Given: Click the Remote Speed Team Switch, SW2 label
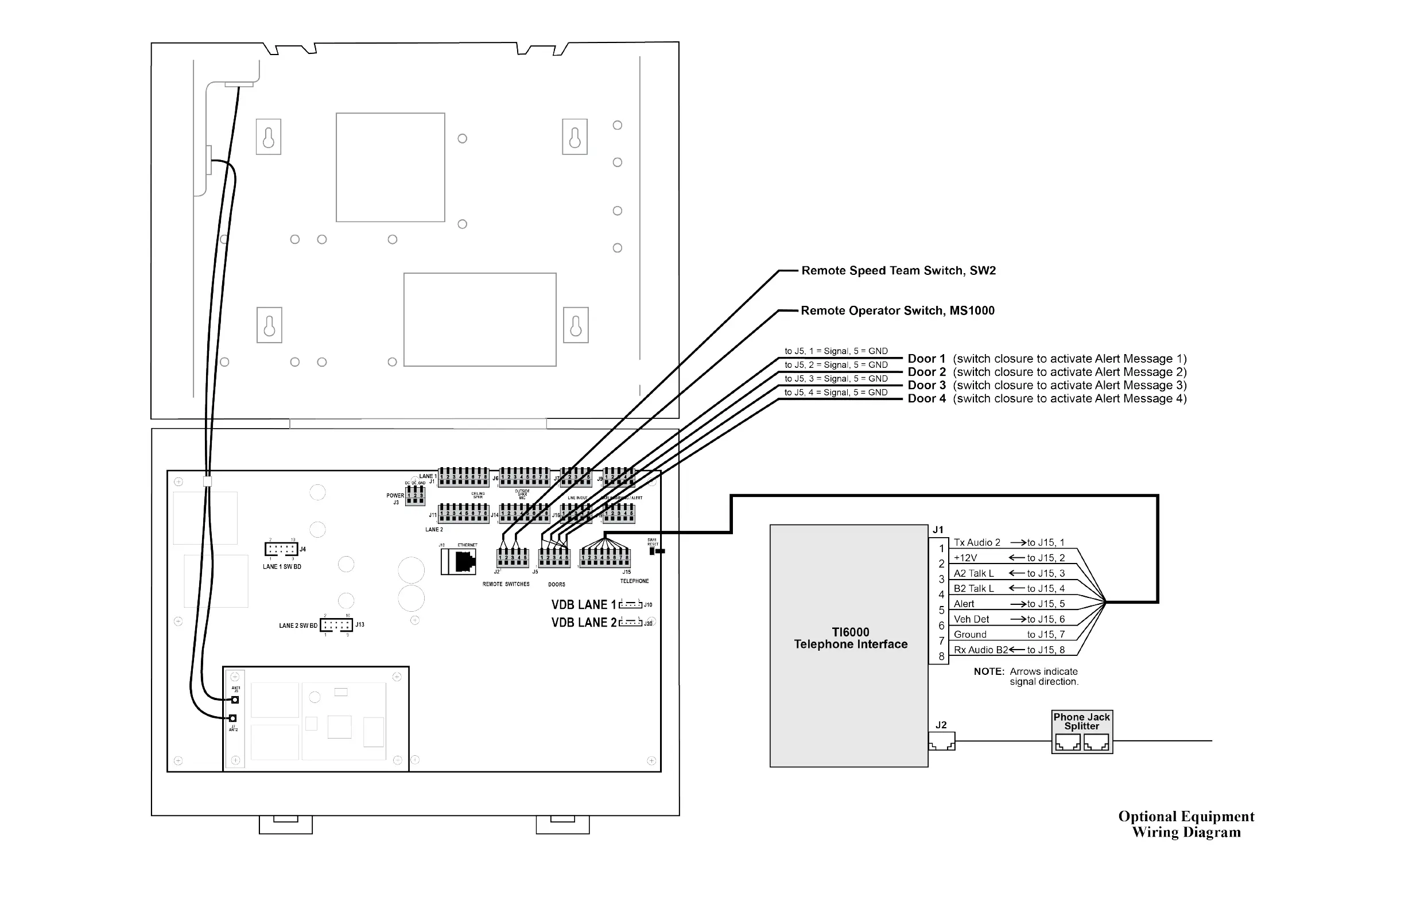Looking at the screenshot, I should [x=898, y=271].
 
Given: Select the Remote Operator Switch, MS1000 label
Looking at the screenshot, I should [x=897, y=311].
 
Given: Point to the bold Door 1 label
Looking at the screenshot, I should [x=926, y=359].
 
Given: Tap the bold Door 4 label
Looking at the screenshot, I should [x=926, y=399].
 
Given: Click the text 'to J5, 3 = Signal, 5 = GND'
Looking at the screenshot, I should [x=836, y=379].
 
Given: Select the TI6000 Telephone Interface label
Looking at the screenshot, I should [x=850, y=638].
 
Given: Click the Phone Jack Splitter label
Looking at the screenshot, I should [x=1081, y=721].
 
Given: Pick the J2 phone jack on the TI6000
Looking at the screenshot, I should [x=942, y=741].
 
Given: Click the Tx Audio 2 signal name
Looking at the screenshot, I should [x=977, y=542].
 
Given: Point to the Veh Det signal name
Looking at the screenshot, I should [x=971, y=619].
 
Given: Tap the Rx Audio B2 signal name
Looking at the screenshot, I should [x=980, y=650].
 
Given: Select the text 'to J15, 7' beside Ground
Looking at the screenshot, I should [x=1046, y=635].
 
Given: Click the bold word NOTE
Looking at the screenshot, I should [x=989, y=672].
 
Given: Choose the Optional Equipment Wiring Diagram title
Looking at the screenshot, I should [x=1186, y=824].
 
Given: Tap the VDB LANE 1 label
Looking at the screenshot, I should [x=583, y=605].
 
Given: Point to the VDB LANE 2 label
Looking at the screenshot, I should [x=583, y=623].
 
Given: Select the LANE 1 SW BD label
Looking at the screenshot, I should [x=282, y=566].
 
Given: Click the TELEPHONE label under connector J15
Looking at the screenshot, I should [x=634, y=581].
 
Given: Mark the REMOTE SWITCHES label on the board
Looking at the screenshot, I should [x=506, y=584].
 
